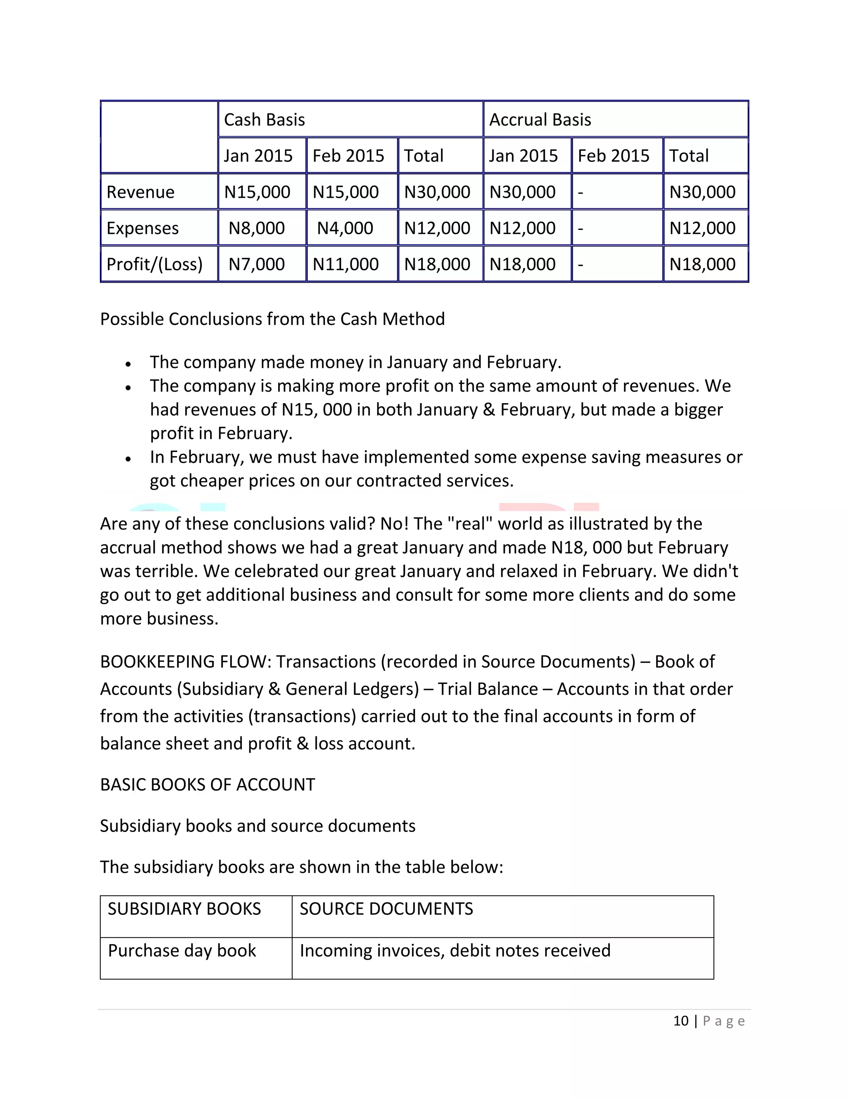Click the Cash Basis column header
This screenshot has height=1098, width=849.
(x=264, y=120)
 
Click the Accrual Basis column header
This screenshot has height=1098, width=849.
(x=540, y=120)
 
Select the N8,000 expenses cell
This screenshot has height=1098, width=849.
(x=257, y=228)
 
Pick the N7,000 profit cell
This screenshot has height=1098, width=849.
(x=257, y=264)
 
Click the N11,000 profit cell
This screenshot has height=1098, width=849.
(x=346, y=264)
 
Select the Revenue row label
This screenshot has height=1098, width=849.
(x=141, y=192)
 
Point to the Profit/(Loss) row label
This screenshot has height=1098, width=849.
(x=154, y=264)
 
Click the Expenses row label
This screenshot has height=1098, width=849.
(x=142, y=228)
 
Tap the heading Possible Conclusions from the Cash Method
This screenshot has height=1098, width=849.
(x=272, y=319)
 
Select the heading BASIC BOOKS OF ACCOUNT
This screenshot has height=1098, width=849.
(x=207, y=785)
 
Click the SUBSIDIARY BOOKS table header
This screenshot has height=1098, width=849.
(x=184, y=909)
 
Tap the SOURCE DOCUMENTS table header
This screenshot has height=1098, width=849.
(x=386, y=909)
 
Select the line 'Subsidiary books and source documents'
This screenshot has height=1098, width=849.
(x=257, y=826)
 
